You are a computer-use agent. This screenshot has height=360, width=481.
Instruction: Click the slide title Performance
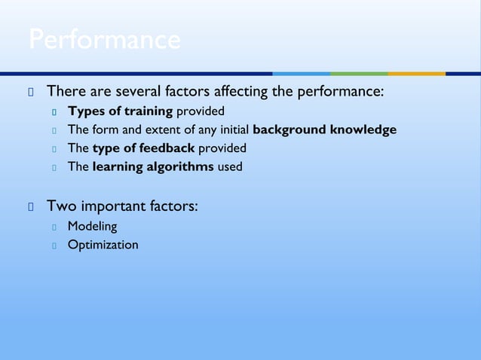coord(104,40)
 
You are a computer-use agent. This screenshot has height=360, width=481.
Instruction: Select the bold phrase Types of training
coord(121,111)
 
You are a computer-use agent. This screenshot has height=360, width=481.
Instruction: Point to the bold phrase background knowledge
coord(325,130)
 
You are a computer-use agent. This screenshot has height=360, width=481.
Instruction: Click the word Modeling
coord(92,225)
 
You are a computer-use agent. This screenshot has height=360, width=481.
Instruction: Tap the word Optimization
coord(103,244)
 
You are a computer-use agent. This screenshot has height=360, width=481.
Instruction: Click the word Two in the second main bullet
coord(60,205)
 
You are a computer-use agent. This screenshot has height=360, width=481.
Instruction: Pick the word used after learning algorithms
coord(230,166)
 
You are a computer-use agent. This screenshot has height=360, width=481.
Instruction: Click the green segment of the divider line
coord(359,74)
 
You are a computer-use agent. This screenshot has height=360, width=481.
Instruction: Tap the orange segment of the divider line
coord(416,74)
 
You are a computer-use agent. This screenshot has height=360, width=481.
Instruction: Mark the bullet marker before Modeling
coord(55,226)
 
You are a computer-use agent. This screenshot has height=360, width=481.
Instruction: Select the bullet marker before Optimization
coord(55,245)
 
